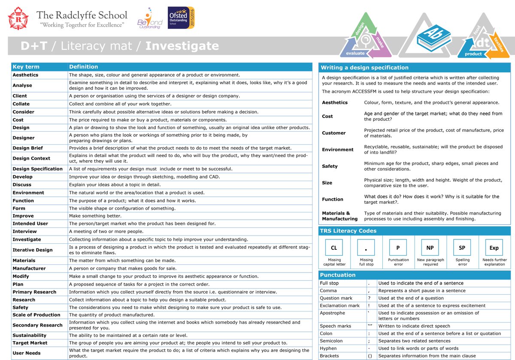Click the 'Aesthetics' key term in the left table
[x=25, y=75]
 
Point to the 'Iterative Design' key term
[x=33, y=250]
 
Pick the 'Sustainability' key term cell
[x=29, y=336]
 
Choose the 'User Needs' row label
[x=27, y=353]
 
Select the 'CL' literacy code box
[x=334, y=248]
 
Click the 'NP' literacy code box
[x=430, y=248]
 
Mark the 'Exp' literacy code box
[x=494, y=248]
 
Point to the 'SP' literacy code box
[x=462, y=248]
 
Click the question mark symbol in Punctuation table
[x=369, y=298]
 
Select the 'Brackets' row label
[x=329, y=356]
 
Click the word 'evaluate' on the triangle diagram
[x=355, y=54]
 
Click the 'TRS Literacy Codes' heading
[x=348, y=231]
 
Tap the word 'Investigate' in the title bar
[x=182, y=46]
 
